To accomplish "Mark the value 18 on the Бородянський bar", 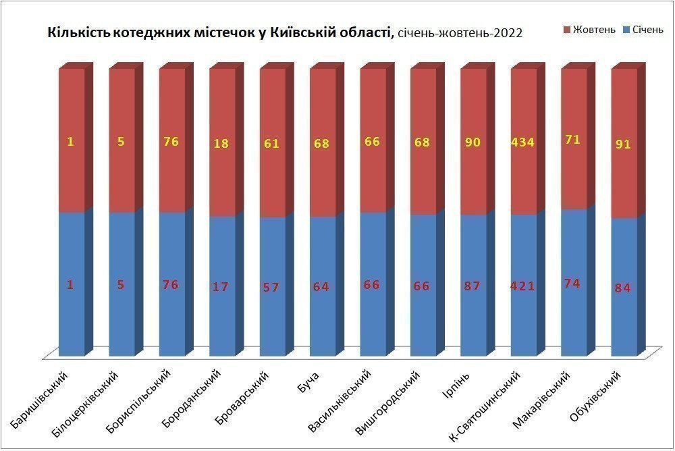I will pyautogui.click(x=221, y=143).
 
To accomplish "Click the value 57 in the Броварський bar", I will pyautogui.click(x=271, y=286).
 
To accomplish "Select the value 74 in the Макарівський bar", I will pyautogui.click(x=573, y=283).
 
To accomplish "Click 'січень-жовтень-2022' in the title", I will pyautogui.click(x=460, y=33).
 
